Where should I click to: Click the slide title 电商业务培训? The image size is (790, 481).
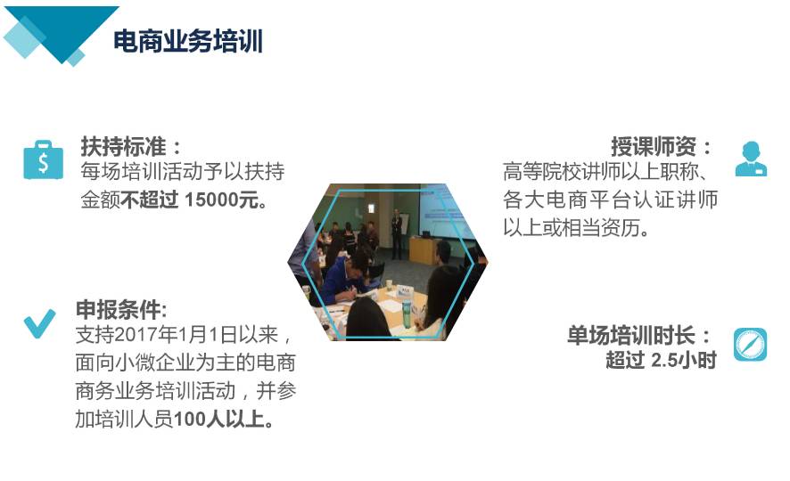(188, 41)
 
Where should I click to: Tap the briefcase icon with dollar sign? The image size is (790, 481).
(44, 159)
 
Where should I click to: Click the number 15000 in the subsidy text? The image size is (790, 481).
(211, 200)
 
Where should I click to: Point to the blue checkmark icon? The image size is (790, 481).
(40, 323)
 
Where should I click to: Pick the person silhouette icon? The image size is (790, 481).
(751, 159)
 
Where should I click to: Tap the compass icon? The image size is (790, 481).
(750, 345)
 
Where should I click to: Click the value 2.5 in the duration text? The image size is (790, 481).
(664, 360)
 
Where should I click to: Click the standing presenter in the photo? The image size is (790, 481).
(398, 233)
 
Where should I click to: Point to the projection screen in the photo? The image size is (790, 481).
(447, 211)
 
